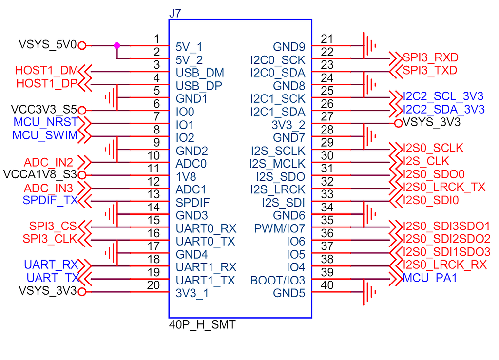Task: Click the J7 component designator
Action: click(x=175, y=13)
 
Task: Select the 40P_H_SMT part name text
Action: click(x=202, y=324)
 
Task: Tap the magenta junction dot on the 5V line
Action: click(x=117, y=45)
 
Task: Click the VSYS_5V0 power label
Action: click(x=48, y=45)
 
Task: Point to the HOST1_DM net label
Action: click(x=46, y=71)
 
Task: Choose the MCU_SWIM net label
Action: click(x=45, y=135)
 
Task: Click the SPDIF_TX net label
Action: click(x=50, y=200)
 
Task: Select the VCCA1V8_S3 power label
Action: click(x=40, y=174)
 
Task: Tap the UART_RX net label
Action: click(x=51, y=265)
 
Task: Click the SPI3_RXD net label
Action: click(x=430, y=58)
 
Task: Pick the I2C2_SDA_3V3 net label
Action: click(x=443, y=109)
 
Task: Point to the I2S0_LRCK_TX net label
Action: click(x=444, y=187)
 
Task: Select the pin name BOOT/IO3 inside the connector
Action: click(x=277, y=281)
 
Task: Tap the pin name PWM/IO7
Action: click(x=279, y=228)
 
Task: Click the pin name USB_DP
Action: click(x=200, y=86)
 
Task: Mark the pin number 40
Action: click(x=327, y=285)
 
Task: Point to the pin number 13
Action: click(x=154, y=194)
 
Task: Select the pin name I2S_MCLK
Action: click(x=277, y=164)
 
